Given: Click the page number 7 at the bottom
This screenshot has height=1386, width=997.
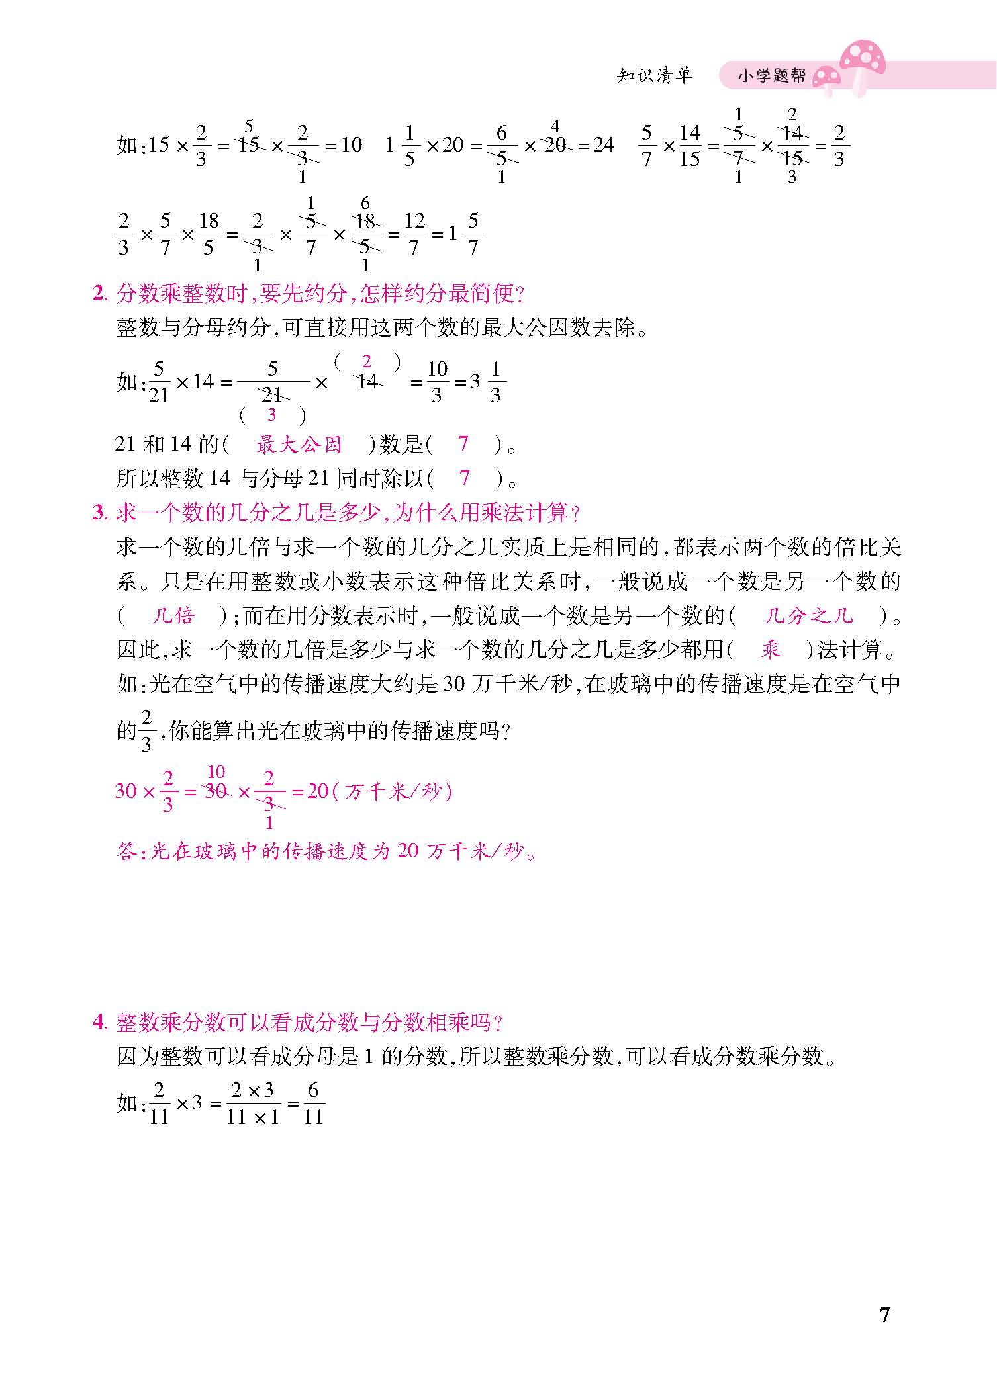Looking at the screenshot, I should click(884, 1314).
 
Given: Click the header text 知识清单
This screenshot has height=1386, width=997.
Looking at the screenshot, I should click(655, 75).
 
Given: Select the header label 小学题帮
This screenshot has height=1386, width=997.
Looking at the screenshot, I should click(772, 77).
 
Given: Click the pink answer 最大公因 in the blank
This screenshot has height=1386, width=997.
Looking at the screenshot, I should click(299, 444).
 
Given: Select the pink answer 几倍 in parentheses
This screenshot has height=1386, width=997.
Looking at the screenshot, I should click(173, 616).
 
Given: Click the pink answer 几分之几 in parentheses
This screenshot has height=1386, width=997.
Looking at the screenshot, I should click(808, 616).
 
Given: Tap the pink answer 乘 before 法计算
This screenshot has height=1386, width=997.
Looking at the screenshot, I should click(771, 650).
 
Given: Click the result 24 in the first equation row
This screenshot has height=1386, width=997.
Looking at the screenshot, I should click(603, 144).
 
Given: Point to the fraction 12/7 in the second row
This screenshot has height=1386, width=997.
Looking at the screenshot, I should click(414, 234).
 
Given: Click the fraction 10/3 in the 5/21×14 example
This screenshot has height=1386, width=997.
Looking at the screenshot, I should click(437, 382).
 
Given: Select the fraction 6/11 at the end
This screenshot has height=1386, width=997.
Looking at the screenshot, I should click(313, 1103).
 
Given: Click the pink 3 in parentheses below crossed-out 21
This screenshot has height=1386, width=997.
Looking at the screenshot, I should click(271, 415).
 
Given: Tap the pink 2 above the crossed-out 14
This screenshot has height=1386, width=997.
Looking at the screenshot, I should click(367, 361).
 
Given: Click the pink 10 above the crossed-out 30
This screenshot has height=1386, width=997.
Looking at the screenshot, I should click(216, 771).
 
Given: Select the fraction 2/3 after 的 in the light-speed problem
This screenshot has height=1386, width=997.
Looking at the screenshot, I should click(146, 730).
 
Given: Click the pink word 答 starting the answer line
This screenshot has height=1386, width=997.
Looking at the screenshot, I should click(126, 851).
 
